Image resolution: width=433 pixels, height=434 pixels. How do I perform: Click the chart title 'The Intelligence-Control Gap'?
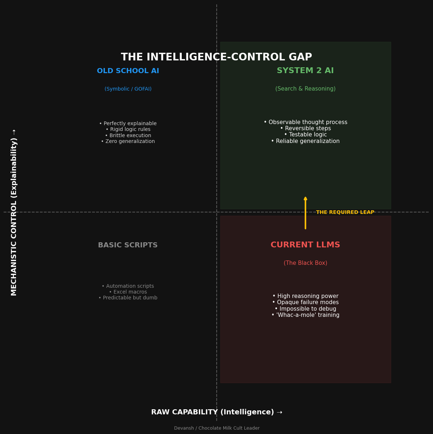tap(216, 57)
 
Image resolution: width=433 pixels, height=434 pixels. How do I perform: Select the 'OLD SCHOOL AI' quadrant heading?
tap(128, 71)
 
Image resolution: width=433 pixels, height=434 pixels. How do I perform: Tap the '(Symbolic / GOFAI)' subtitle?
tap(128, 89)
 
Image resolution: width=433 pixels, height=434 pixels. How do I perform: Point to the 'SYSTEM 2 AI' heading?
tap(305, 71)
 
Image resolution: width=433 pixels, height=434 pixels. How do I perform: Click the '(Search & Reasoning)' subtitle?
tap(305, 89)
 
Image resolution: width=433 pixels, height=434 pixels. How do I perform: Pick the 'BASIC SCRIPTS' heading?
tap(128, 246)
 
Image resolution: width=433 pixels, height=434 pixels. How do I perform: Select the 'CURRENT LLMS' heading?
tap(305, 245)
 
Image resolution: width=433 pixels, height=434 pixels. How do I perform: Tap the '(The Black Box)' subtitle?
tap(305, 263)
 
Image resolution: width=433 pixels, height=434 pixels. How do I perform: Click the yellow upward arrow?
tap(305, 213)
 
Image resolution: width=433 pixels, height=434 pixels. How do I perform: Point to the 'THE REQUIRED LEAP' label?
tap(345, 212)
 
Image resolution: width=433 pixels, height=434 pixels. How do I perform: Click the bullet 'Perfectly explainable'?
tap(128, 124)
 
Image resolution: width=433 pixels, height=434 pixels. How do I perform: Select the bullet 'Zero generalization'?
tap(128, 142)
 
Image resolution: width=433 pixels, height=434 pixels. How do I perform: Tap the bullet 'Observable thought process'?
tap(305, 122)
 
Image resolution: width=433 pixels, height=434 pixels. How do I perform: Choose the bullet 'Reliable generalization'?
tap(305, 141)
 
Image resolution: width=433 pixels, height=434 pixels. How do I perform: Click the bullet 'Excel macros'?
tap(128, 292)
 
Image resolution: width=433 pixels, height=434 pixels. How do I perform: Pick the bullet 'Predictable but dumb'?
tap(128, 298)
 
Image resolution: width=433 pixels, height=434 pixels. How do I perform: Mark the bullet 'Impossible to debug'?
tap(305, 309)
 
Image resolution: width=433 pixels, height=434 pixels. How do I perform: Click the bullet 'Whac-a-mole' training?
tap(305, 315)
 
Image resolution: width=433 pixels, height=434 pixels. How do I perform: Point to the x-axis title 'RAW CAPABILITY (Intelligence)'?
tap(216, 412)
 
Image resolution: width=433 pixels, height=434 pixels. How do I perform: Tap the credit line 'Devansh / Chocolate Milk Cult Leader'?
tap(217, 428)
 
